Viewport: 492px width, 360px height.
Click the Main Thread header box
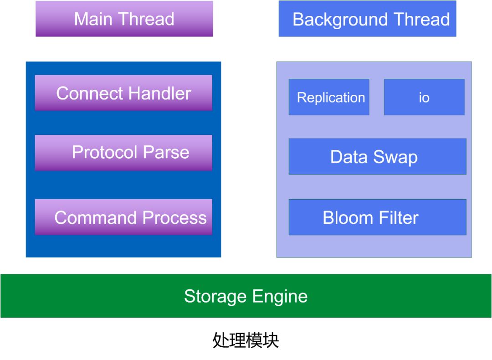[124, 19]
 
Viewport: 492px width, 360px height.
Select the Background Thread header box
[367, 19]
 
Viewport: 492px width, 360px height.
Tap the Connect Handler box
[123, 93]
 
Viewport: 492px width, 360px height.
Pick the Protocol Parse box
[123, 153]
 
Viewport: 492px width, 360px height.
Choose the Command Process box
[123, 217]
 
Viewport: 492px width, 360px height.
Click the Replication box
[329, 97]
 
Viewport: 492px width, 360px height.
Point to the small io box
[424, 97]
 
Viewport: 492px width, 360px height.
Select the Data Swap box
[377, 156]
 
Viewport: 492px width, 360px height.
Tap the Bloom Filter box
[377, 217]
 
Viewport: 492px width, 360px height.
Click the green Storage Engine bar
[246, 296]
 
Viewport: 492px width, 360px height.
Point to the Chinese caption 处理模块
[246, 340]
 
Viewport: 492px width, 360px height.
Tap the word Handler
[157, 93]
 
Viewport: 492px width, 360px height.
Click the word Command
[96, 218]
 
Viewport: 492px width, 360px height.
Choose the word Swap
[396, 157]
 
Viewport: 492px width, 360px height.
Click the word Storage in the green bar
[215, 297]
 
